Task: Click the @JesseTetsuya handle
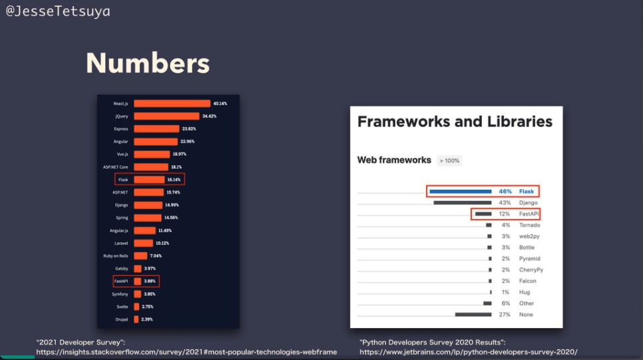[x=58, y=11]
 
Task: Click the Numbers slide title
[x=148, y=63]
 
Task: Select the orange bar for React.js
[x=172, y=103]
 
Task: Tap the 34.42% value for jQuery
[x=209, y=116]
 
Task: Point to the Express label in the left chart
[x=120, y=128]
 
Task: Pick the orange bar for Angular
[x=155, y=141]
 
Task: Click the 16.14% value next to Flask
[x=174, y=180]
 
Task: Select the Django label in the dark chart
[x=122, y=205]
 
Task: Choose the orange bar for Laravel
[x=143, y=243]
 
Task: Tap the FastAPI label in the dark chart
[x=121, y=281]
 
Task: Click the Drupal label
[x=121, y=319]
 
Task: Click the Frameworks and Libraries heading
[x=455, y=122]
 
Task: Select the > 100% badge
[x=449, y=161]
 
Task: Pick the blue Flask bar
[x=460, y=192]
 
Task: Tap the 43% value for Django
[x=505, y=202]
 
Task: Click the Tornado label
[x=530, y=225]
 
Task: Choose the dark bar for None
[x=473, y=314]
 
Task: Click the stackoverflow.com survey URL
[x=186, y=352]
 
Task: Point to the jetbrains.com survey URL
[x=468, y=352]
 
